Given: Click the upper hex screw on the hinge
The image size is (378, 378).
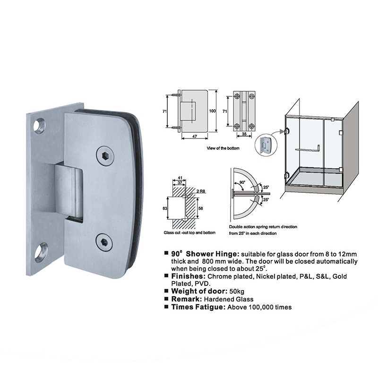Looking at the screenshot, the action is [105, 156].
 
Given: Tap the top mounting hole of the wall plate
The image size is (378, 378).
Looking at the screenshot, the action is [40, 126].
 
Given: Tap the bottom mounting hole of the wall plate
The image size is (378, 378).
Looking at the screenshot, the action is [41, 252].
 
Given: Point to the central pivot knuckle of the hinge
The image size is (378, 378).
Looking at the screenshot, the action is [69, 190].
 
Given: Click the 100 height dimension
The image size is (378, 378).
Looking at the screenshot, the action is [212, 111].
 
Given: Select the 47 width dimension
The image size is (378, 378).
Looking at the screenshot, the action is [195, 137].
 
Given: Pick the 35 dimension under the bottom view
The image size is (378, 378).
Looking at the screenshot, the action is [244, 134].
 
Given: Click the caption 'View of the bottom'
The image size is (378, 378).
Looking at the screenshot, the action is [223, 148].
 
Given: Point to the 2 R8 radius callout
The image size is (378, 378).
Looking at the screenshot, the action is [201, 191].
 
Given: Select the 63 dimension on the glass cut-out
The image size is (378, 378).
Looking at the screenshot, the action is [165, 208].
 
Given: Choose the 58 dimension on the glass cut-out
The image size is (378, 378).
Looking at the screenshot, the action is [200, 208].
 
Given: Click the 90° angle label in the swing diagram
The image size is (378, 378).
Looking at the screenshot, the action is [242, 182].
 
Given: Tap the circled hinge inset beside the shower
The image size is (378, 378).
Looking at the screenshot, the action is [266, 146].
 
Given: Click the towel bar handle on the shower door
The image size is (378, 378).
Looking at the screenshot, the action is [308, 149].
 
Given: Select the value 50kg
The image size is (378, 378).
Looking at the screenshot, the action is [237, 292].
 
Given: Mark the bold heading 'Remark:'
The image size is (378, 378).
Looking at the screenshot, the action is [187, 299].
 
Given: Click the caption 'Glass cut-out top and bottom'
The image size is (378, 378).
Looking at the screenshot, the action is [189, 232].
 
